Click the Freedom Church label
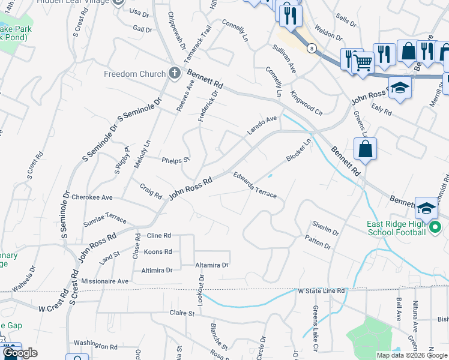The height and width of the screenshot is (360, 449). pos(134,74)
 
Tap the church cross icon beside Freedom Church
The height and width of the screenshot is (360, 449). pos(175,74)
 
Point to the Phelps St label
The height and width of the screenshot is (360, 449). pos(176,160)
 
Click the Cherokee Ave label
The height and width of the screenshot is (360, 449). pos(92,197)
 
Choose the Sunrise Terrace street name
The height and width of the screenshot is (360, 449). pos(104,217)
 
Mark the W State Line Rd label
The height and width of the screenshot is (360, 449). pos(322,291)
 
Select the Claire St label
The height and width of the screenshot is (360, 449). pos(182,313)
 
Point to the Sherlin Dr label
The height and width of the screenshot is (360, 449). pos(325,227)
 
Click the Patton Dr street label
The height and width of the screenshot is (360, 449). pos(318,242)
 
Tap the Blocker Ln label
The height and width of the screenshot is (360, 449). pos(299,150)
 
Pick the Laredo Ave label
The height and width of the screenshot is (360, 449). pos(262,125)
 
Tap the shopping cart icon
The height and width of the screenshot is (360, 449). pos(362,61)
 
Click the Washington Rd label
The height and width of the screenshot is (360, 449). pos(95,346)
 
